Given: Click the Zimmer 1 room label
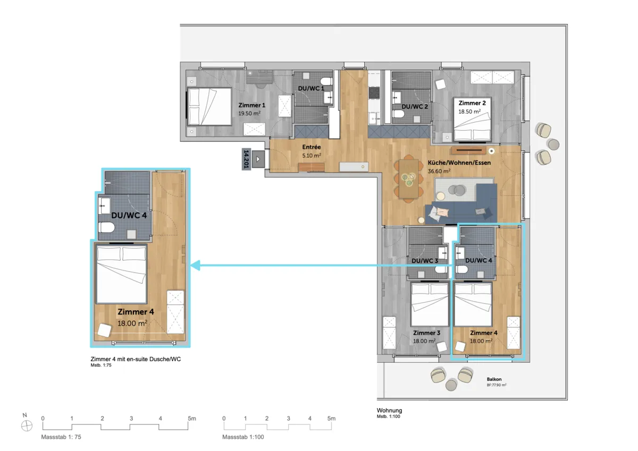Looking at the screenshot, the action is (x=252, y=105).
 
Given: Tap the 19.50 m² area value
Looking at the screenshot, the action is (x=249, y=113).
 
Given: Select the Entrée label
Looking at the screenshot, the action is (x=312, y=147).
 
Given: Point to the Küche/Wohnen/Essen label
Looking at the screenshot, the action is (x=459, y=163).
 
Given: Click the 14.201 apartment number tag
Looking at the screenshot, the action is (x=246, y=159).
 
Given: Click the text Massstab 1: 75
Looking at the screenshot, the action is (x=61, y=437).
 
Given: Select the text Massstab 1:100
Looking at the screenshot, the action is (x=243, y=437).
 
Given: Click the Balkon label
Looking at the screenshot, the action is (x=494, y=379).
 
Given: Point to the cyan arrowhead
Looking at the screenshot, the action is (x=196, y=266).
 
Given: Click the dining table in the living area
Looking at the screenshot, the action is (x=409, y=178).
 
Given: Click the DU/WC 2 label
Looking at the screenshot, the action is (x=415, y=107).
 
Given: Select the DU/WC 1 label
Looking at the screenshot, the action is (x=311, y=89).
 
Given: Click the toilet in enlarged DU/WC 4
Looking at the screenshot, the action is (x=106, y=228).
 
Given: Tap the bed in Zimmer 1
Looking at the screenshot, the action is (x=209, y=106).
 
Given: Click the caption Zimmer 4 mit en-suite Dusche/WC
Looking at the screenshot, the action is (x=136, y=359).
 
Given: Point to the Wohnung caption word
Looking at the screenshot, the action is (x=389, y=410).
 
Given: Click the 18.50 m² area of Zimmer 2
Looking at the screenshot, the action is (x=469, y=112).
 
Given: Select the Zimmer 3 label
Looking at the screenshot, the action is (x=426, y=333).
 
